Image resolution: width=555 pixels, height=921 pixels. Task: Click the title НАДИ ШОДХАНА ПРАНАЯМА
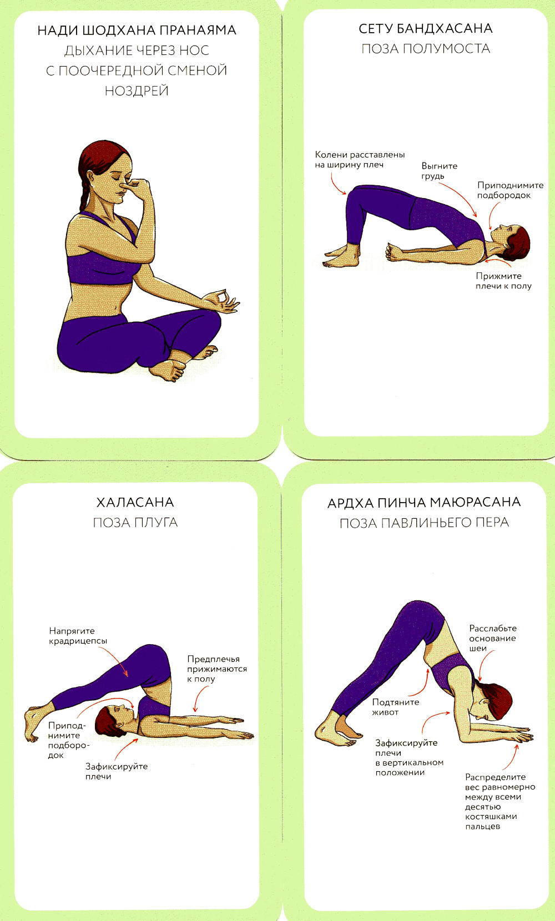[x=137, y=31]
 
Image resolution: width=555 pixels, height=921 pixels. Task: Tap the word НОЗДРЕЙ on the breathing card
[x=137, y=91]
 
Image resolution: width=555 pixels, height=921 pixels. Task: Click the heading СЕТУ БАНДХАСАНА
[x=425, y=28]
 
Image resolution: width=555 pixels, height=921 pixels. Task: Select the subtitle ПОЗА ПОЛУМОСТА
[x=425, y=48]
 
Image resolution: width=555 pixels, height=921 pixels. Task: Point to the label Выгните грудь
[x=439, y=171]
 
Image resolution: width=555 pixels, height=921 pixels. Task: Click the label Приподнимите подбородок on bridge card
[x=510, y=190]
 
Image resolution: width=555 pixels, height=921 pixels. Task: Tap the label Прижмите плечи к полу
[x=503, y=281]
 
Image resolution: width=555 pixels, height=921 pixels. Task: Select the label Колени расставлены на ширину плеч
[x=360, y=160]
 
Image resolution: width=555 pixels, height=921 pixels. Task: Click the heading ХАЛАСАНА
[x=135, y=502]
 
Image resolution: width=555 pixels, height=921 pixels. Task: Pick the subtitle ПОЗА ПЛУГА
[x=135, y=523]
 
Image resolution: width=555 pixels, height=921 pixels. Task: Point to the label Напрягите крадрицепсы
[x=78, y=636]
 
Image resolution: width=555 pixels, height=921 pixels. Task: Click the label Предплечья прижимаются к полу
[x=217, y=669]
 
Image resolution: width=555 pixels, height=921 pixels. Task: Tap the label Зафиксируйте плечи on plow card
[x=117, y=771]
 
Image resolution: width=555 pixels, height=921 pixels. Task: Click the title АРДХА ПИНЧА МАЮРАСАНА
[x=424, y=503]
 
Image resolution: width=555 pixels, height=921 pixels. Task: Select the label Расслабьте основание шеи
[x=492, y=638]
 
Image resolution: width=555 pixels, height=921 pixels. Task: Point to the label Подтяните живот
[x=395, y=707]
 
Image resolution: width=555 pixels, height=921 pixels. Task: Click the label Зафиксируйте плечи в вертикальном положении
[x=409, y=757]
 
